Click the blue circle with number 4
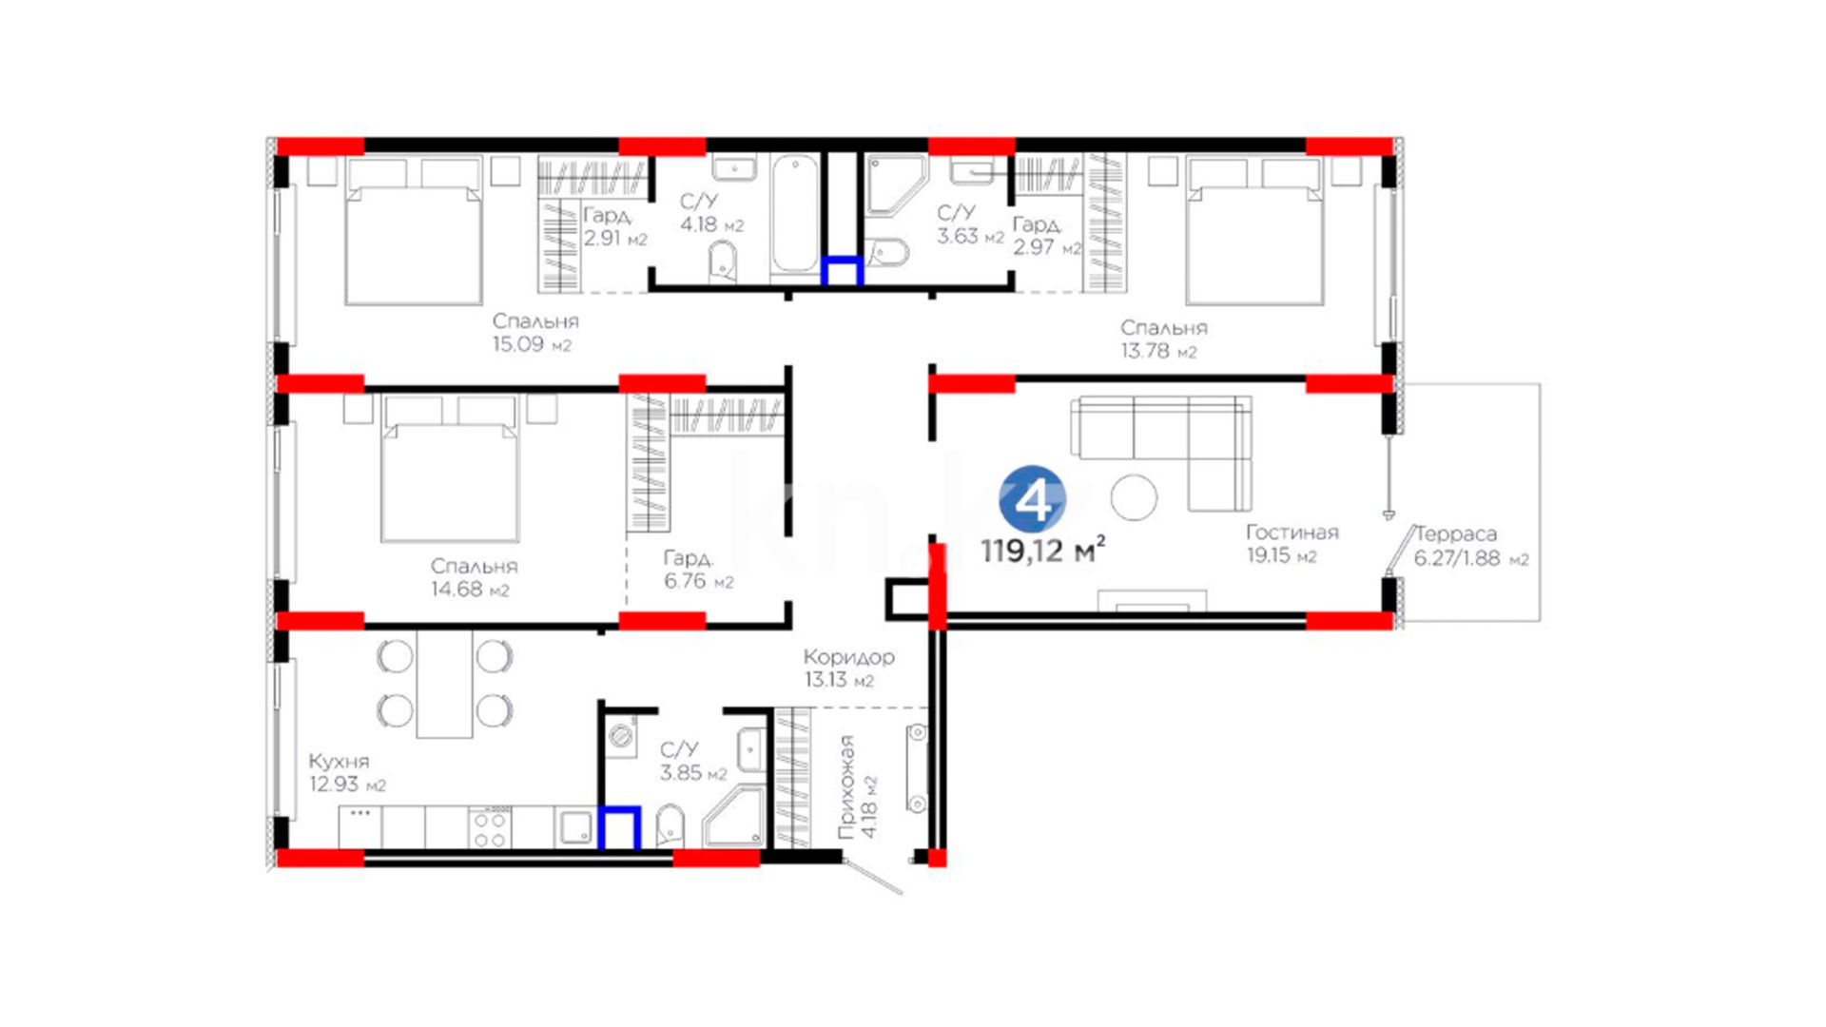(x=1032, y=498)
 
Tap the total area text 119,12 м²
(x=1042, y=550)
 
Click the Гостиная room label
(x=1292, y=533)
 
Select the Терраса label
(x=1456, y=534)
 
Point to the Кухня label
(x=339, y=762)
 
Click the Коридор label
(x=848, y=657)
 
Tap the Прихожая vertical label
(x=846, y=786)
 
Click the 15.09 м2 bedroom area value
(x=532, y=344)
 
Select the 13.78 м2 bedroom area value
(x=1158, y=351)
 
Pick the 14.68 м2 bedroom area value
(x=470, y=590)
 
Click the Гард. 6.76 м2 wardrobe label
(x=698, y=570)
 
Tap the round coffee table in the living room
(x=1134, y=496)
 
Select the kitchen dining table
(x=444, y=684)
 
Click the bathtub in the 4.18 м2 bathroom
(x=795, y=215)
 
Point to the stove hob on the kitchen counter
(x=490, y=827)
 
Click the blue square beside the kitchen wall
(x=619, y=827)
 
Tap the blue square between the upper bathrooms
(x=843, y=271)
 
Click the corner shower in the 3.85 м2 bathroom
(x=734, y=817)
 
